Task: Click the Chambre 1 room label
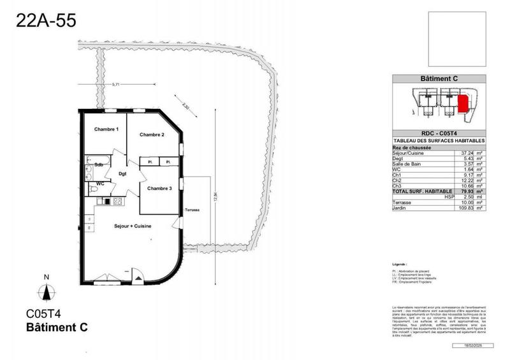pos(106,129)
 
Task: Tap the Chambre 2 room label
pos(152,134)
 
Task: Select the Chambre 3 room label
pos(159,188)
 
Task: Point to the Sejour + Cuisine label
pos(132,226)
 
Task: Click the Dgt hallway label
pos(122,173)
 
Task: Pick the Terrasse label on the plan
pos(193,210)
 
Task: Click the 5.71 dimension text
pos(115,83)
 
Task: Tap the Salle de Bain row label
pos(409,164)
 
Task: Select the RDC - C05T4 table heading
pos(439,134)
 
